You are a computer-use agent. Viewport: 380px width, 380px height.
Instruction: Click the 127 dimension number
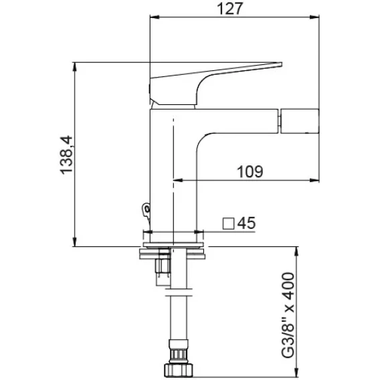pos(229,9)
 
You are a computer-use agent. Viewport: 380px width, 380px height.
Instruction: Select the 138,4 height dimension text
pos(66,155)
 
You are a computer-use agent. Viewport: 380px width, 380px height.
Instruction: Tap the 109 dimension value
pos(250,172)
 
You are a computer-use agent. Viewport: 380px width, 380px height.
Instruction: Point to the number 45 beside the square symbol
pos(246,223)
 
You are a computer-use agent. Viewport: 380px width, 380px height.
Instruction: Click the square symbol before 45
pos(228,223)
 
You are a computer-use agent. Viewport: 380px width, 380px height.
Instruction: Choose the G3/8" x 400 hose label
pos(288,315)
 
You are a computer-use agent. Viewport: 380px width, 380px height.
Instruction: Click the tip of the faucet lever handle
pos(282,64)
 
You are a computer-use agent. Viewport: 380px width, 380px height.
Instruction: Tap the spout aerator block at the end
pos(300,121)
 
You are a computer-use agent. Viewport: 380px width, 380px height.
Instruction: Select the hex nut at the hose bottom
pos(179,370)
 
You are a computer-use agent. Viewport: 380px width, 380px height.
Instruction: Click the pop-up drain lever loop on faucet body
pos(146,210)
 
